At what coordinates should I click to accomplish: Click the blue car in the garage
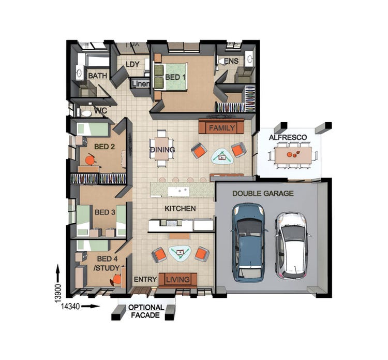tap(249, 241)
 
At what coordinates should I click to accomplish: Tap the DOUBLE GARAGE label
tap(263, 193)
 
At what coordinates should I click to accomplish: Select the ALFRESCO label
tap(288, 137)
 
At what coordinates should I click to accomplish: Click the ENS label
tap(231, 61)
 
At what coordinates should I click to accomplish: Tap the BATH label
tap(97, 76)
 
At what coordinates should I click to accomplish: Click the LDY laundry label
tap(133, 64)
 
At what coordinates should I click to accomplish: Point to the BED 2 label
tap(105, 147)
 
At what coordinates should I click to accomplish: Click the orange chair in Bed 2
tap(91, 160)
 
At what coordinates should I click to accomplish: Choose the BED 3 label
tap(105, 212)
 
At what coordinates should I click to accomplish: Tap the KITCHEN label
tap(180, 208)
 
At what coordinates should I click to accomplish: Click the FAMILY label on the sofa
tap(222, 127)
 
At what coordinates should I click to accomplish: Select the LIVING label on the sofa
tap(178, 280)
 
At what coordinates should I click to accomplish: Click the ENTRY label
tap(145, 280)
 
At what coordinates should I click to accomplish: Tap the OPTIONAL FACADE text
tap(146, 311)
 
